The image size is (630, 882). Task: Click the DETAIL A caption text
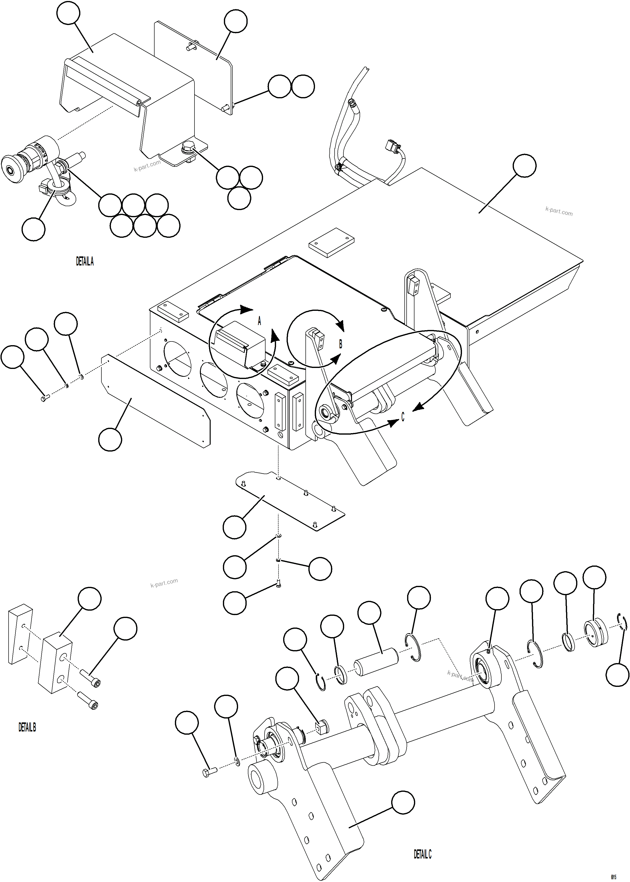[85, 261]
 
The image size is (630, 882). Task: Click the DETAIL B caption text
[27, 727]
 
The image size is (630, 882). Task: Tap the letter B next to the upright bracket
[341, 344]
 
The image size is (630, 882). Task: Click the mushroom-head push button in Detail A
[11, 166]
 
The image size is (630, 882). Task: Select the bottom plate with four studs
[289, 501]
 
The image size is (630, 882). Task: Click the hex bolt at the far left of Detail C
[209, 772]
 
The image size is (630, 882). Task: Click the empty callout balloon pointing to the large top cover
[524, 166]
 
